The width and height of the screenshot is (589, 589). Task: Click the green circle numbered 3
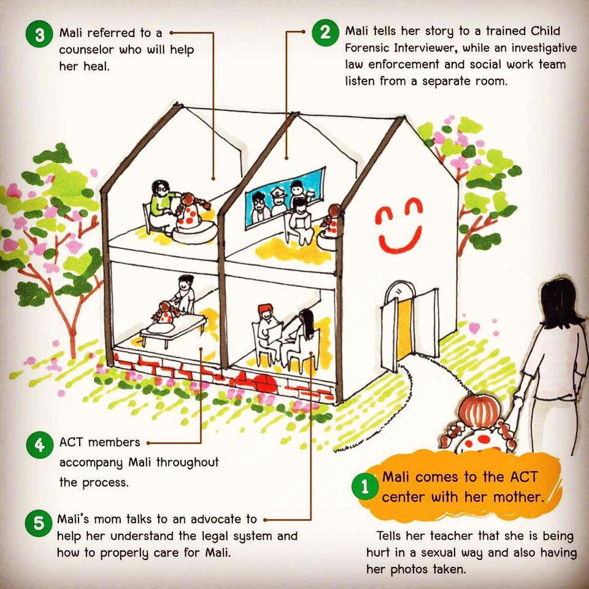coord(39,35)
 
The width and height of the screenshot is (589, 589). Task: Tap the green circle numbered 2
coord(325,33)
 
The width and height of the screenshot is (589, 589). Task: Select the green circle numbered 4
coord(40,445)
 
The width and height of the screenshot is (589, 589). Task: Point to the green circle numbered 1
coord(364,487)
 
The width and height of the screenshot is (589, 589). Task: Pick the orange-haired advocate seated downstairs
coord(266,326)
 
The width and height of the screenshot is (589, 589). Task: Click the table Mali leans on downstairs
coord(173,329)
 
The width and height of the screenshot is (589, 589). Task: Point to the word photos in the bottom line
coord(409,569)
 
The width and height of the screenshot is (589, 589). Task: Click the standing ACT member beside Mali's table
coord(185,294)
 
